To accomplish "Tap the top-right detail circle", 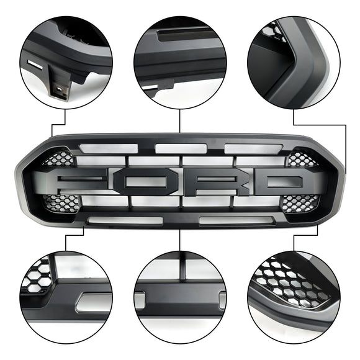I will (293, 62).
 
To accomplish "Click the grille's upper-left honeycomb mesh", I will (57, 159).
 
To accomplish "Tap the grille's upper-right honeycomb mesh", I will (302, 159).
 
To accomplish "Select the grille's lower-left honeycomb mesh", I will (62, 202).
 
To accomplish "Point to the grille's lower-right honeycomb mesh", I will (299, 202).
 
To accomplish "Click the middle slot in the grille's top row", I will (181, 148).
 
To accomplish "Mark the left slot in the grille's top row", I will (109, 149).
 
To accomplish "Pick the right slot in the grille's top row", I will (253, 149).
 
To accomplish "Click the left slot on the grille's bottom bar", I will (125, 220).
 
